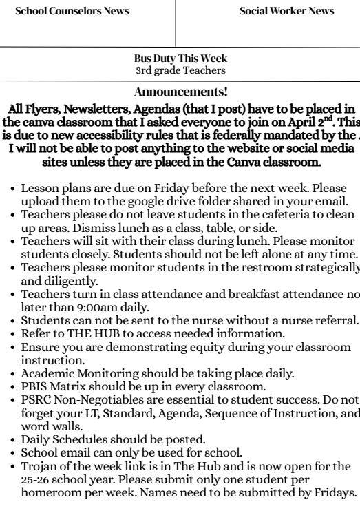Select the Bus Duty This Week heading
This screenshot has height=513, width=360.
(x=179, y=60)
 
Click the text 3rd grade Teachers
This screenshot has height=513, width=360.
(x=179, y=70)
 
